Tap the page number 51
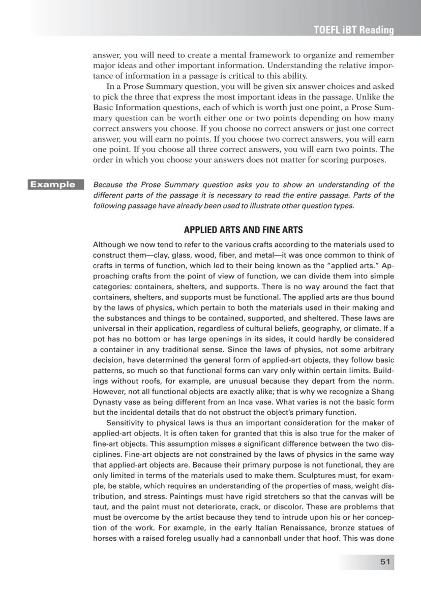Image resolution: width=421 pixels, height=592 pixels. (x=385, y=562)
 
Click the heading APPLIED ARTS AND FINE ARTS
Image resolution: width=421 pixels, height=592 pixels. (x=243, y=230)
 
